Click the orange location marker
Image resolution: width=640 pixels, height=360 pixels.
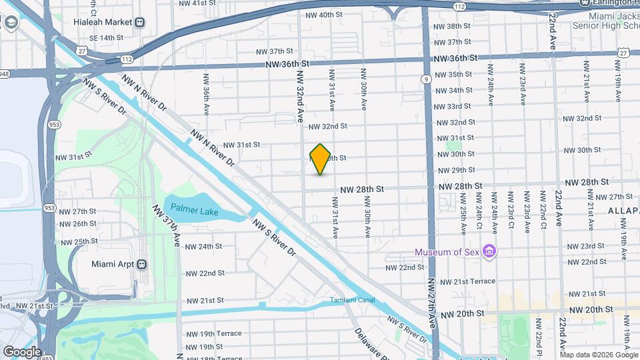pyautogui.click(x=320, y=159)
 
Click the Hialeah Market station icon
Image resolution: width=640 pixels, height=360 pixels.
pyautogui.click(x=140, y=22)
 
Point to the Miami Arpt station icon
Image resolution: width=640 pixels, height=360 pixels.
pyautogui.click(x=141, y=264)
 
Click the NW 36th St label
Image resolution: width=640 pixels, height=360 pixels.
pyautogui.click(x=287, y=64)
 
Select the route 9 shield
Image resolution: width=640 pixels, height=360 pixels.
pyautogui.click(x=425, y=79)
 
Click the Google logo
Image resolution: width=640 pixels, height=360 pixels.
pyautogui.click(x=21, y=351)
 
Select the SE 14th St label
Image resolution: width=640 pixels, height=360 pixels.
pyautogui.click(x=99, y=38)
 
